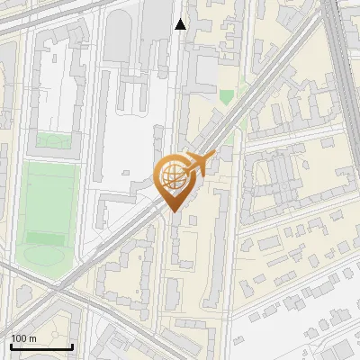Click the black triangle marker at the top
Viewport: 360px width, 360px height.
(x=181, y=24)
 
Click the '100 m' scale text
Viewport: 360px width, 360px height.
(x=23, y=337)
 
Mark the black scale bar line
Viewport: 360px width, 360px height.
(x=41, y=346)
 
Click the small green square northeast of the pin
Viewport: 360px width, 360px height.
(x=227, y=95)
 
